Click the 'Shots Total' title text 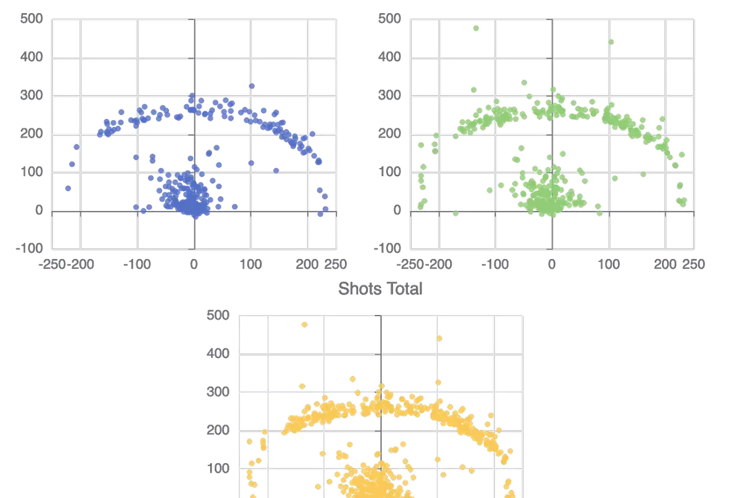(x=380, y=289)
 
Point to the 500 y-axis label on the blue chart (x=32, y=19)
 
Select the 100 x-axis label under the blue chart (x=251, y=265)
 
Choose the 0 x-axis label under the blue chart (x=195, y=265)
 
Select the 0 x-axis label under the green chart (x=551, y=265)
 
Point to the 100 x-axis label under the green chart (x=608, y=265)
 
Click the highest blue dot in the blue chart (x=252, y=86)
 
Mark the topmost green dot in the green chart (x=477, y=29)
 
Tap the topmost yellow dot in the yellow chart (x=304, y=324)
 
